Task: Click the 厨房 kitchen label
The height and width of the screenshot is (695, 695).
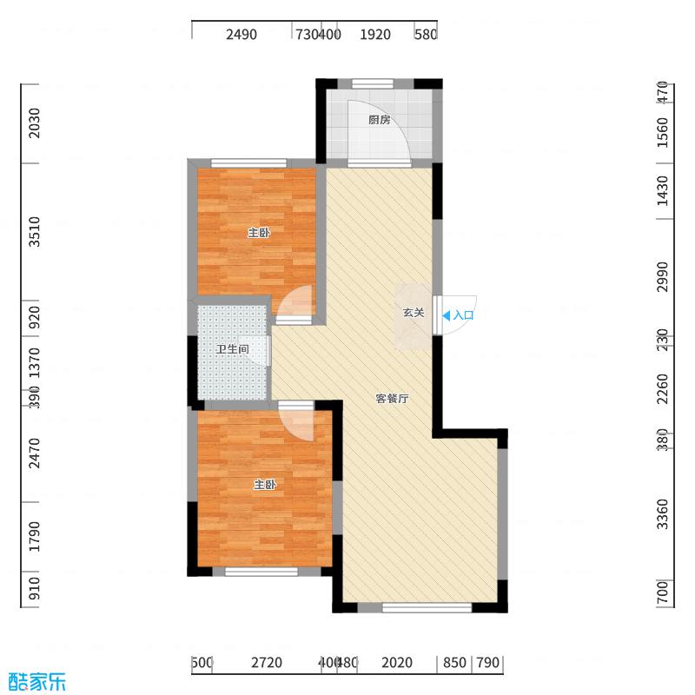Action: point(378,121)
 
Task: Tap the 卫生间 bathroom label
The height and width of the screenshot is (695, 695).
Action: point(233,349)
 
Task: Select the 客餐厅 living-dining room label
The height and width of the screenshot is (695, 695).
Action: point(392,399)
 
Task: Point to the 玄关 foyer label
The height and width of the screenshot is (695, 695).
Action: point(413,313)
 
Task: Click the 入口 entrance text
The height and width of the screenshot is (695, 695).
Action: point(464,316)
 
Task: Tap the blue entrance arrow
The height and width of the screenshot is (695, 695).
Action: point(447,316)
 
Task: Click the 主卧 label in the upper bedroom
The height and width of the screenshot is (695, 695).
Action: point(259,233)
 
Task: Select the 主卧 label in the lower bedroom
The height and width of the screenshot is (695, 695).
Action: point(264,485)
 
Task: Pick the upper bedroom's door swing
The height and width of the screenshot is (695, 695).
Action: point(295,303)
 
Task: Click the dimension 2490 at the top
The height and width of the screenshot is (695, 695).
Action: point(242,35)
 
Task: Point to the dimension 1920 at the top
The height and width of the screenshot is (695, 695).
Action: point(375,35)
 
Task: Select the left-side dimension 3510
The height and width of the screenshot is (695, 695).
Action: point(34,233)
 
